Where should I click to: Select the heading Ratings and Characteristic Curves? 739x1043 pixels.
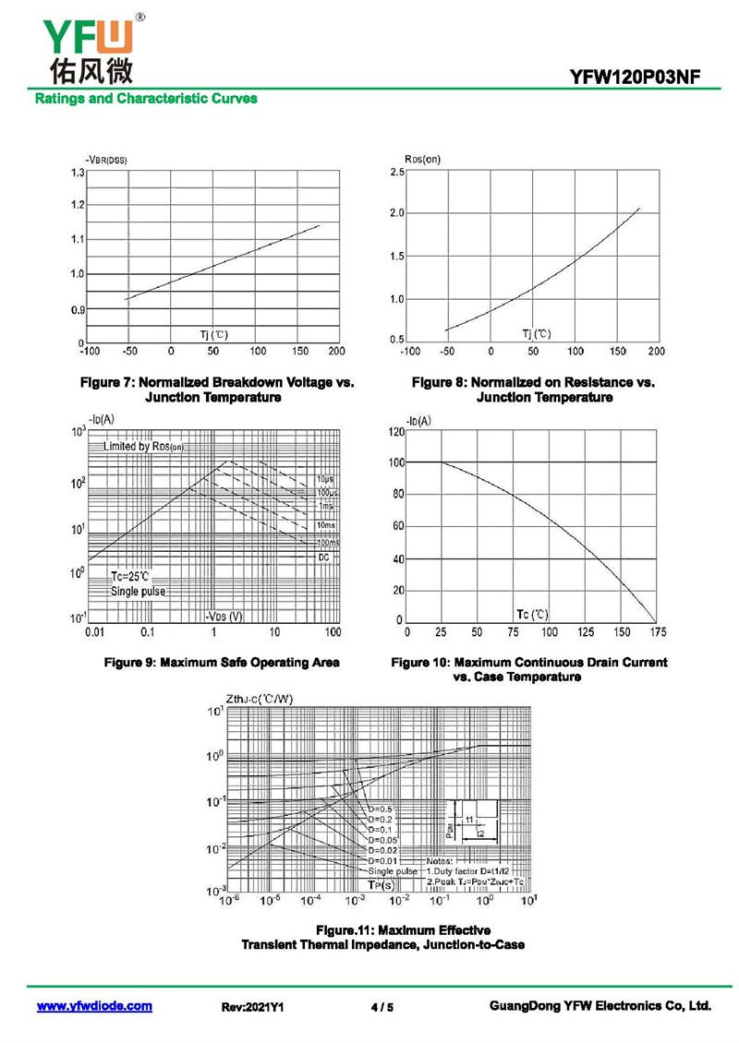point(146,99)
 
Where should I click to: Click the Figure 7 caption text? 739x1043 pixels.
point(217,390)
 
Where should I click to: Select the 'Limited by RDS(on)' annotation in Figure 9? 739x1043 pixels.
point(144,447)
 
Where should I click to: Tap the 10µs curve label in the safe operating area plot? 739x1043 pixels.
point(324,480)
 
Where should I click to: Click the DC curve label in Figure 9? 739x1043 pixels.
point(324,557)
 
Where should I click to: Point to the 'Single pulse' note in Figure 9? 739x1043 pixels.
point(139,591)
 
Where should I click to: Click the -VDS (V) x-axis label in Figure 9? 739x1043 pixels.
point(224,616)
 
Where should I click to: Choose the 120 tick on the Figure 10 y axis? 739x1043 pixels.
point(395,431)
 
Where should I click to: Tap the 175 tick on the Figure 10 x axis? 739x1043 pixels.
point(657,632)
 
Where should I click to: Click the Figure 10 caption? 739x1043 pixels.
point(529,669)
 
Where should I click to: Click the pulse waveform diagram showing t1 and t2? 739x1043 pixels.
point(472,821)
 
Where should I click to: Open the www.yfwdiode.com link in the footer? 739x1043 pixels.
point(94,1006)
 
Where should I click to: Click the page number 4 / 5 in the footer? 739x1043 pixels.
point(382,1007)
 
